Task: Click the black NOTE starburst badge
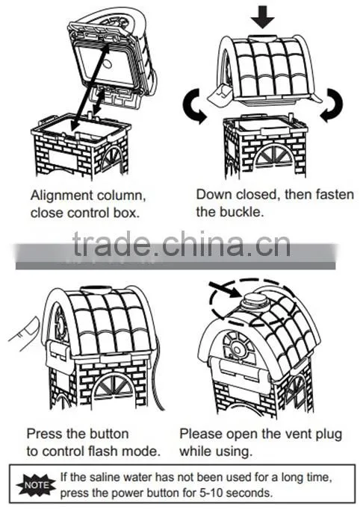36,485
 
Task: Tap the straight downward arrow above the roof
262,17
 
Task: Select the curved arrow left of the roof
193,106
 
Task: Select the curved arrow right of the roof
332,104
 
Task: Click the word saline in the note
103,477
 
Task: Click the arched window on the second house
275,154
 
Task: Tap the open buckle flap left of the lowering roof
220,95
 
